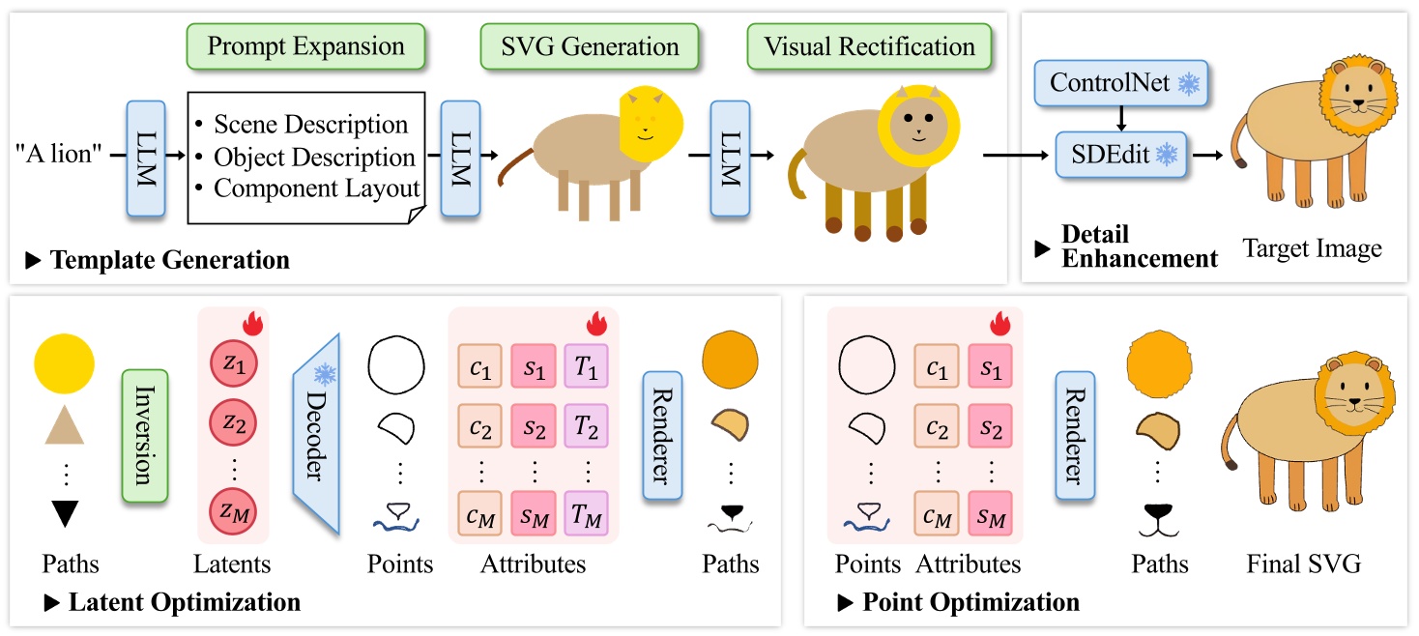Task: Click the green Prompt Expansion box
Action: coord(304,46)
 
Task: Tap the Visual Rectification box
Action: coord(869,46)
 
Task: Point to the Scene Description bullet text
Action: coord(310,125)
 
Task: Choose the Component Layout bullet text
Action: coord(316,188)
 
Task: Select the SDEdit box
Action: coord(1123,155)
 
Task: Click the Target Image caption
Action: coord(1312,248)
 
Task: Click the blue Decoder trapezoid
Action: coord(317,434)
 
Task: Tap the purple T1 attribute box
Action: coord(585,369)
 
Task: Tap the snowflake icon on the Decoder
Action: coord(323,373)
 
